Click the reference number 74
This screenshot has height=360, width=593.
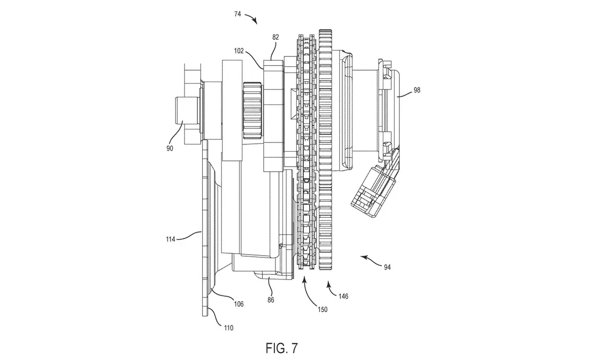click(x=237, y=14)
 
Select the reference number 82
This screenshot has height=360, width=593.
click(x=275, y=37)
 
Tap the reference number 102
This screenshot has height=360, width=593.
click(x=239, y=50)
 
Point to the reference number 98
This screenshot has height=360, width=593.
click(x=416, y=90)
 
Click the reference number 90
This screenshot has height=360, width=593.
click(x=170, y=149)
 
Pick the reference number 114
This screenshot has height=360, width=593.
click(x=171, y=239)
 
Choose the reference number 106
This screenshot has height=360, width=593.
click(x=239, y=304)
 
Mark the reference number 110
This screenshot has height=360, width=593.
click(x=228, y=328)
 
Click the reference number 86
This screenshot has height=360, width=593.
click(x=271, y=300)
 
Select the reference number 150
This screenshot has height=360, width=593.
click(x=322, y=310)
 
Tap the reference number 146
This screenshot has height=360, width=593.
click(x=343, y=297)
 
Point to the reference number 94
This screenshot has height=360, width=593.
click(x=387, y=268)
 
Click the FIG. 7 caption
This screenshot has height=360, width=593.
click(x=282, y=348)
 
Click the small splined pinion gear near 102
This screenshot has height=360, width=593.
click(x=251, y=111)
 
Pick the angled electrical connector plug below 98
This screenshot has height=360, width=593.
click(x=374, y=185)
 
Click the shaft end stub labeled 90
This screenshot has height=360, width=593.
click(x=183, y=110)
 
